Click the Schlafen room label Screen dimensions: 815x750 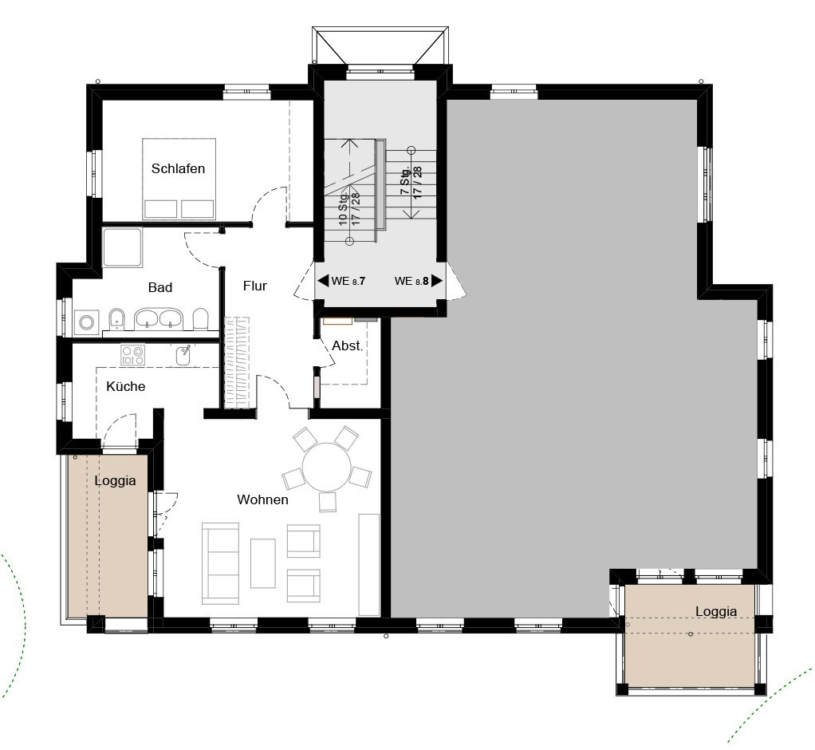coord(178,168)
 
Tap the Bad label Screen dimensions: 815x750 coord(160,287)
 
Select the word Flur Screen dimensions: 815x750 coord(254,286)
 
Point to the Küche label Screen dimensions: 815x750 coord(125,386)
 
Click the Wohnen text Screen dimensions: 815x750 coord(262,499)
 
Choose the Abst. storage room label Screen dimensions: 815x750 coord(347,345)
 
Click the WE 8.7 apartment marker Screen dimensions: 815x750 coord(341,281)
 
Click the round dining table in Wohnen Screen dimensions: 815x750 coord(326,467)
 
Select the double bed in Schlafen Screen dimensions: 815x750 coord(179,179)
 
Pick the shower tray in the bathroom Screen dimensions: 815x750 coord(123,247)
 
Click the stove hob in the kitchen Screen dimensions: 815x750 coord(132,355)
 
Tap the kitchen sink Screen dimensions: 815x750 coord(183,355)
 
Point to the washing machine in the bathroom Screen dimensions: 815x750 coord(86,322)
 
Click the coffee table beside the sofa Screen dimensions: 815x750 coord(263,563)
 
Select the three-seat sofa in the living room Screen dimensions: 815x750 coord(220,563)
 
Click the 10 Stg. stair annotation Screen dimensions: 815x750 coord(349,208)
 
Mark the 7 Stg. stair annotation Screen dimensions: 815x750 coord(411,182)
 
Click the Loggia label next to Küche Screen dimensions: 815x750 coord(115,480)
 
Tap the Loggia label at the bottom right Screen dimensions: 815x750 coord(716,612)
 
